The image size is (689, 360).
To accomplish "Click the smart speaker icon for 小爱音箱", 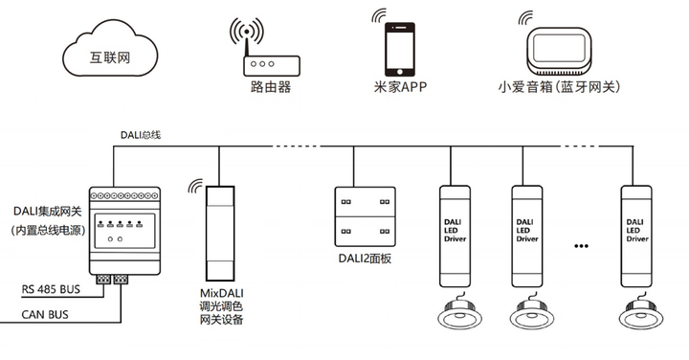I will pos(559,48).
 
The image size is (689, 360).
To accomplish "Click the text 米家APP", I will pos(399,87).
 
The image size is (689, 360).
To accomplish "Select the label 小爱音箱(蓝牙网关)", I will pos(560,87).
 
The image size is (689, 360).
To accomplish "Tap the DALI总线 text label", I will pos(140,135).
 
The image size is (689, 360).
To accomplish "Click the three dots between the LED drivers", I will pos(581,246).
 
